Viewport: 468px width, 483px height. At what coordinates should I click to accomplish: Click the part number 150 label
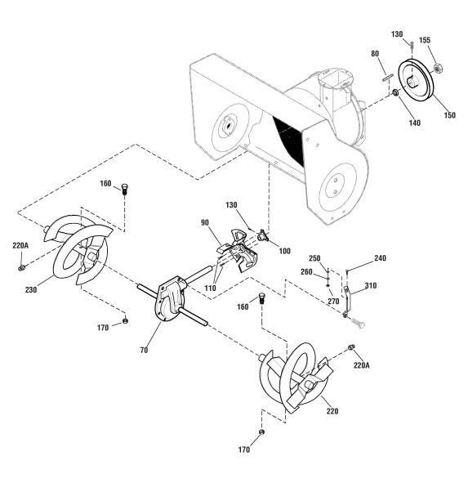pyautogui.click(x=449, y=115)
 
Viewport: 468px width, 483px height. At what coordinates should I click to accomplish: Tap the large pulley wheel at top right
pyautogui.click(x=416, y=80)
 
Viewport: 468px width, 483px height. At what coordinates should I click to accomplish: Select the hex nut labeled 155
pyautogui.click(x=438, y=69)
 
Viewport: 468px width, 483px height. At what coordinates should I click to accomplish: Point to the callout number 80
pyautogui.click(x=375, y=54)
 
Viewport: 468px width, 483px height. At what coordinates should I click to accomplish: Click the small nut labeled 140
pyautogui.click(x=395, y=92)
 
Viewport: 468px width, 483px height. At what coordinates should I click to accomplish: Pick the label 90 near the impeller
pyautogui.click(x=205, y=222)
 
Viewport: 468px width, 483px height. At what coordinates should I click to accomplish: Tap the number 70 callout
pyautogui.click(x=144, y=351)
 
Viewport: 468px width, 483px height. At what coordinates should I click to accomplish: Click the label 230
pyautogui.click(x=31, y=290)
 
